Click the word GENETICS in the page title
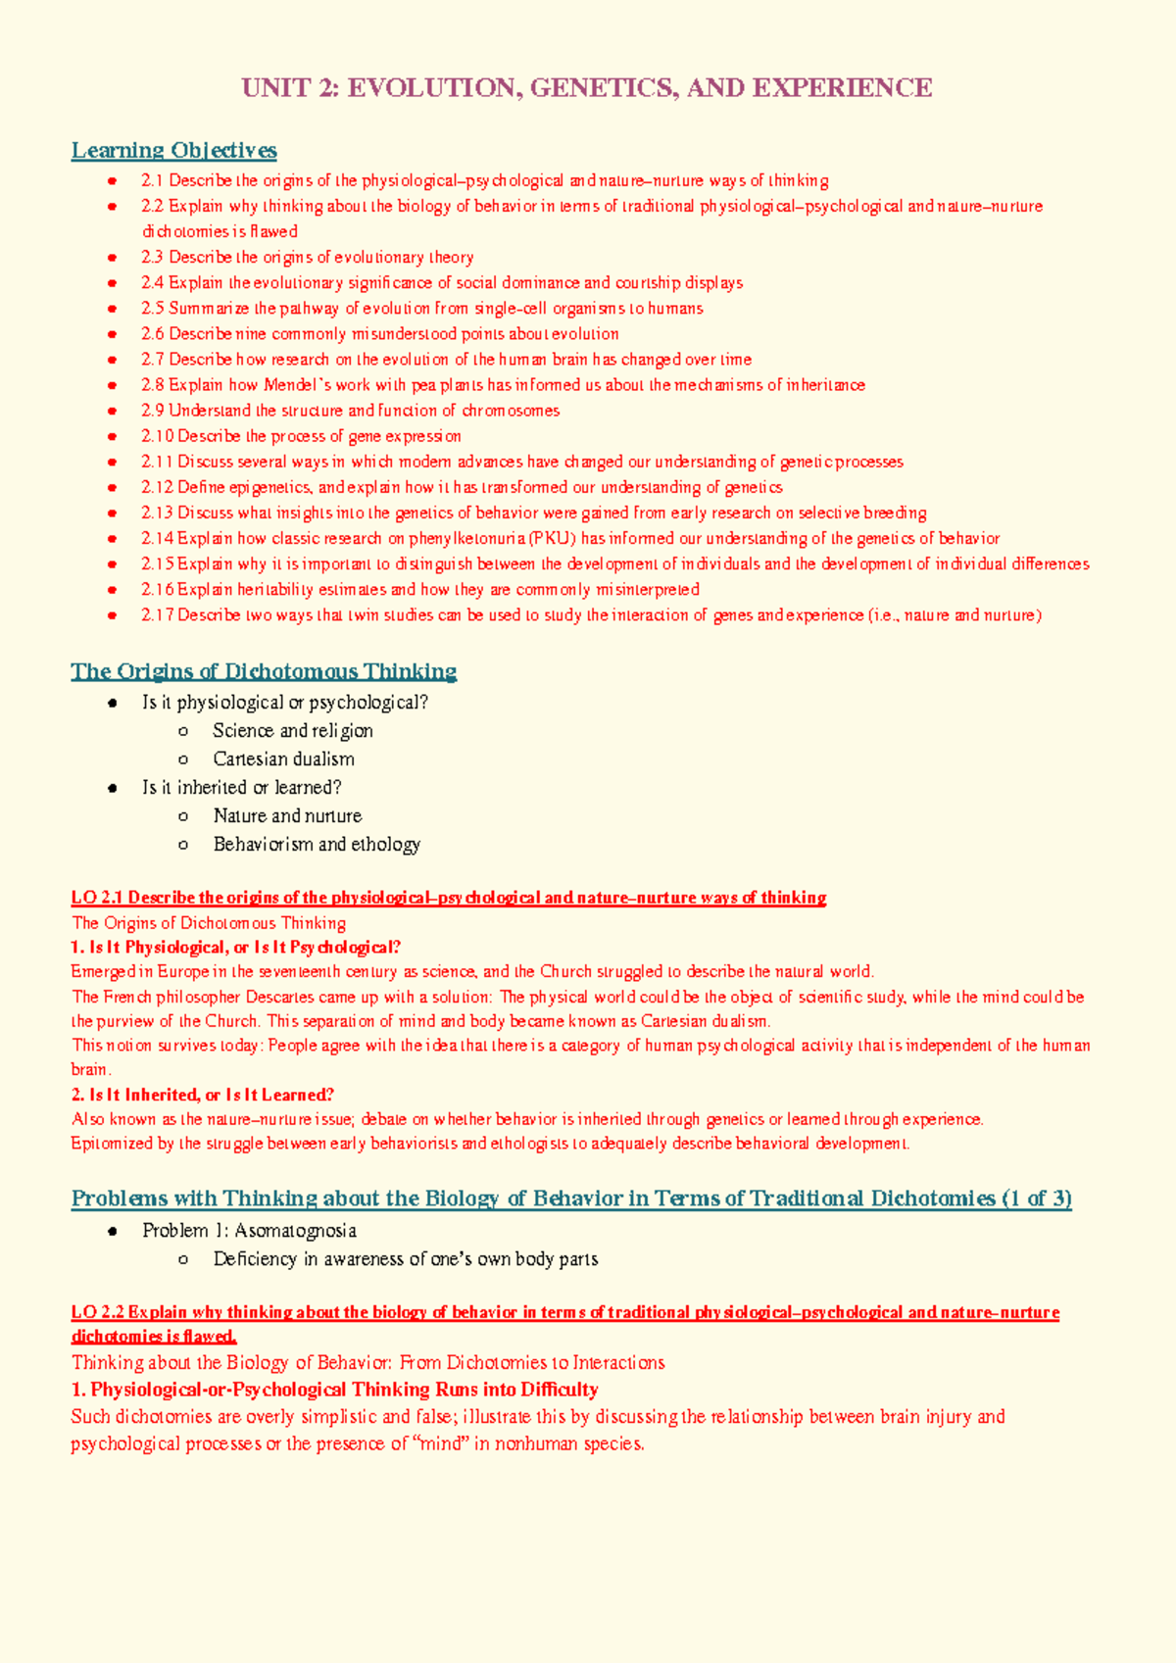click(603, 88)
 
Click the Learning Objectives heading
click(173, 150)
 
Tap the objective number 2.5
click(153, 309)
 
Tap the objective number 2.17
click(157, 615)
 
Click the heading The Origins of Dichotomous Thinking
click(264, 671)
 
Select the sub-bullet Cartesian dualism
click(283, 759)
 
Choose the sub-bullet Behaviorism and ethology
click(317, 844)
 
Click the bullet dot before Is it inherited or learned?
click(114, 788)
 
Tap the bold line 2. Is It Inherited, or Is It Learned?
click(203, 1095)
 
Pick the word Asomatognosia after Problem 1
click(295, 1231)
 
